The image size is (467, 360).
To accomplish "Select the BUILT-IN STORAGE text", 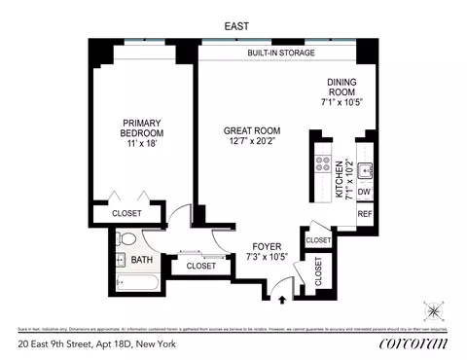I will click(277, 54).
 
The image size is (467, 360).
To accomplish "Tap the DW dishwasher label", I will click(365, 192).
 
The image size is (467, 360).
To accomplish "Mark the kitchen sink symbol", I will click(366, 169).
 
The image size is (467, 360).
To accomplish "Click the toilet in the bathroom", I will click(120, 240).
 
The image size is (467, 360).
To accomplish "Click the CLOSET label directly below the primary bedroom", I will click(126, 213).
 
